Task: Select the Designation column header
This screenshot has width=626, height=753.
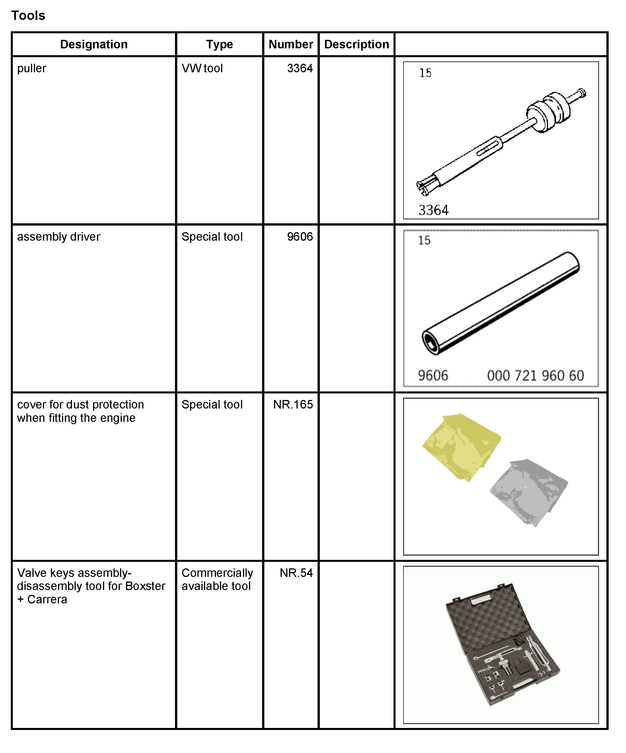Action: (x=94, y=44)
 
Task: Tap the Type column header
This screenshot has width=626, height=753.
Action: (x=219, y=44)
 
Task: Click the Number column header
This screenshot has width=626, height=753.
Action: (x=291, y=44)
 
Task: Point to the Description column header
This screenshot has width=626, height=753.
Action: (x=356, y=44)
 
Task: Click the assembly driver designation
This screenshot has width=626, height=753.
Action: (x=59, y=237)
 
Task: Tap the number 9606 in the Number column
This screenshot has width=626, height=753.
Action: (x=300, y=237)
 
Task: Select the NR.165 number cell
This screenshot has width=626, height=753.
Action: (x=293, y=405)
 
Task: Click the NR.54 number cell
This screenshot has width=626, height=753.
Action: (x=296, y=573)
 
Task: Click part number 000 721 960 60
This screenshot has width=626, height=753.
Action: (x=535, y=376)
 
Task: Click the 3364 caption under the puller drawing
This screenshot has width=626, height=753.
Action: (x=433, y=210)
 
